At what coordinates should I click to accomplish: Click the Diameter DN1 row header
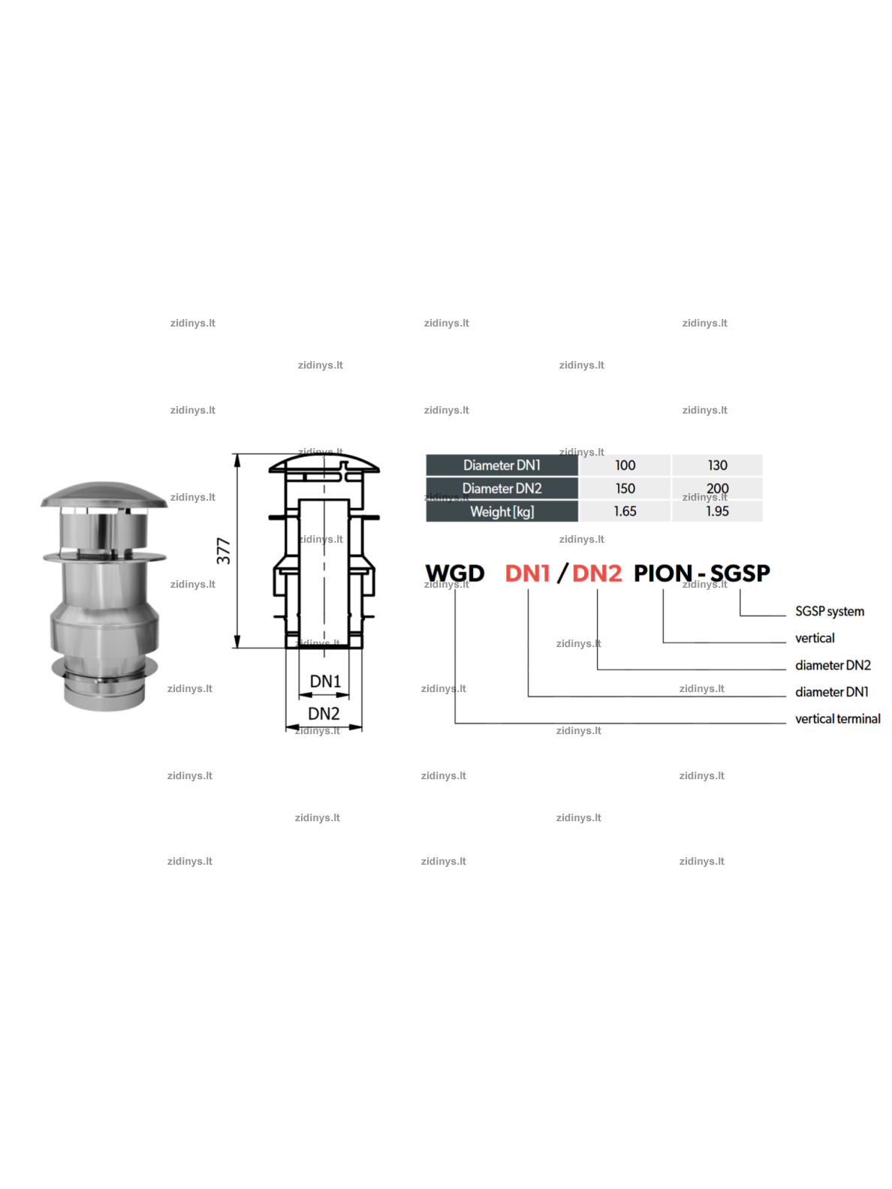(501, 465)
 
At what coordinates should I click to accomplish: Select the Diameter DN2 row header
(501, 488)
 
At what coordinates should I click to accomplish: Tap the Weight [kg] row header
(501, 511)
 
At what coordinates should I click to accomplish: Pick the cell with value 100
(625, 465)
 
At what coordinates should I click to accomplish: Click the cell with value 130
(716, 465)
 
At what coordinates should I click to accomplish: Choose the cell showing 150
(625, 488)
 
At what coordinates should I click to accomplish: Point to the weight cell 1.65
(625, 511)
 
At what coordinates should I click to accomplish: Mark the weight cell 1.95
(716, 511)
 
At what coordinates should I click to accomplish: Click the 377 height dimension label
(223, 550)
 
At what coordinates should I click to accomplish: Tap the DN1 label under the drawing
(325, 681)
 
